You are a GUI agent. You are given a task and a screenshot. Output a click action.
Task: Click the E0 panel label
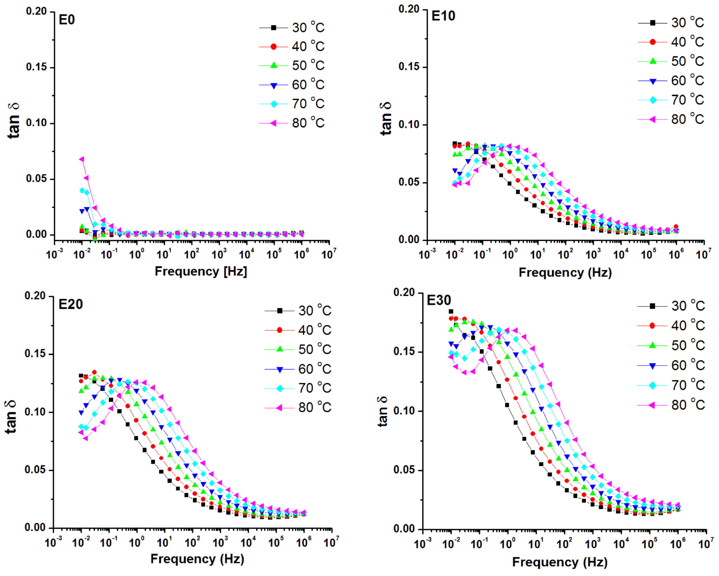[67, 20]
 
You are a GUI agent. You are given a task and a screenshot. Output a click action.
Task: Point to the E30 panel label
[439, 300]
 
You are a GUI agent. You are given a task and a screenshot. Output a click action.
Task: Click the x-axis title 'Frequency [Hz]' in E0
[201, 271]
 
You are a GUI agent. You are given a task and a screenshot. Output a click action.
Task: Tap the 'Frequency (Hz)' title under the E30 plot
[560, 562]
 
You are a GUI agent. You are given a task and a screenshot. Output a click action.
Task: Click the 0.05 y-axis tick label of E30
[404, 470]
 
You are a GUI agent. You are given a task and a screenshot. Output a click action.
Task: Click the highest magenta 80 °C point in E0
[81, 159]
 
